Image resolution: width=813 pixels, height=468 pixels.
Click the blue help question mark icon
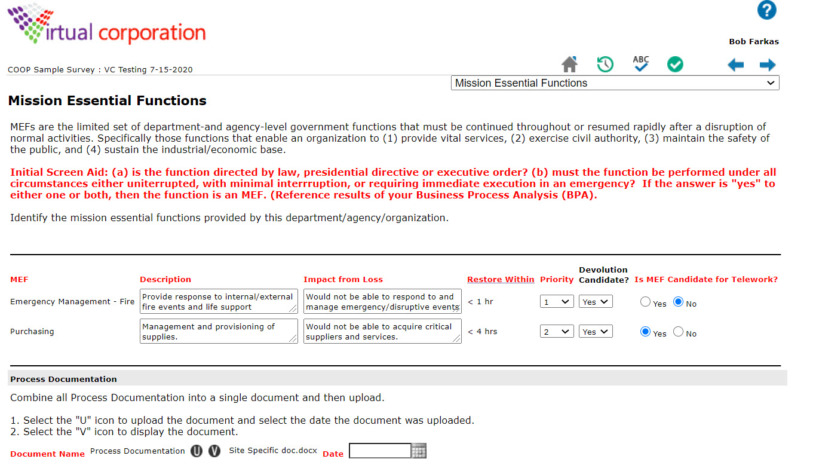pos(766,10)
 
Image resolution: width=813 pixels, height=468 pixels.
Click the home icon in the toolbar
pos(570,64)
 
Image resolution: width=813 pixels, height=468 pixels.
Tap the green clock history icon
pos(605,64)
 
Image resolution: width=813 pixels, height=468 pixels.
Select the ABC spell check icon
pos(640,63)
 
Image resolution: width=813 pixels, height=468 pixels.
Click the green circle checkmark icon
pos(675,64)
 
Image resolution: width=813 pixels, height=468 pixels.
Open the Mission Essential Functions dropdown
pos(615,83)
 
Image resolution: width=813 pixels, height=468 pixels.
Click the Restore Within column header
pos(501,279)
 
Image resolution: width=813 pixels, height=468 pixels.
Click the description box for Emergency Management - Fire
pos(218,302)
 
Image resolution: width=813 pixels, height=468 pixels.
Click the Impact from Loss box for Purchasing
pos(382,332)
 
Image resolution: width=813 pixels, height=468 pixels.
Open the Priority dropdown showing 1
pos(556,302)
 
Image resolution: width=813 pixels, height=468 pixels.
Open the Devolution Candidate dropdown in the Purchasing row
pos(595,332)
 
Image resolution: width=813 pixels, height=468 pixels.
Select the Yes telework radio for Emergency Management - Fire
pos(645,302)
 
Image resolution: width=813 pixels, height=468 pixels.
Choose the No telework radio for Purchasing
pos(678,332)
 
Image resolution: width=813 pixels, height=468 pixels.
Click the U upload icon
pos(197,451)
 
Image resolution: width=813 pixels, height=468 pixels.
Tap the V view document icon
pos(214,451)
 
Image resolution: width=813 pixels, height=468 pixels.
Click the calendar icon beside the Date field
pos(419,451)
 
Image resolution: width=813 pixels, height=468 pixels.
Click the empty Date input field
pos(380,451)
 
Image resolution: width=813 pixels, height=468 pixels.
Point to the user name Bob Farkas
pos(754,42)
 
